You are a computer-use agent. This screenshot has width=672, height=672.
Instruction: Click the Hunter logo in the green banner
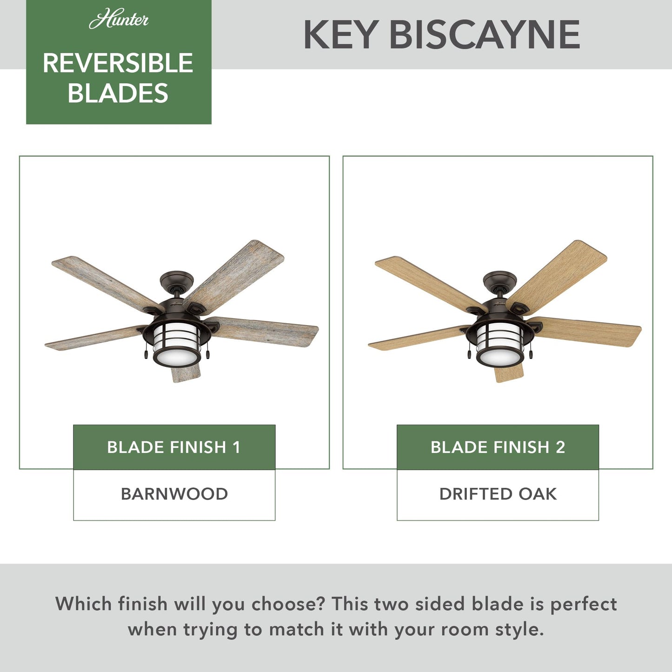click(119, 20)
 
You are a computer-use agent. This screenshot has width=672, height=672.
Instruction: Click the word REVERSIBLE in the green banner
click(118, 63)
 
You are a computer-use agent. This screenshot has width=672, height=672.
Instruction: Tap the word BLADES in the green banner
click(118, 93)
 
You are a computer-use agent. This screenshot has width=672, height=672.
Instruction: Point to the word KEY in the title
click(340, 35)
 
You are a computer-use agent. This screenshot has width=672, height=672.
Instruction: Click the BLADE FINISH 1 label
click(174, 447)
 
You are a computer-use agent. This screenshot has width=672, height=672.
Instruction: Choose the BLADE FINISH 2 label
click(498, 447)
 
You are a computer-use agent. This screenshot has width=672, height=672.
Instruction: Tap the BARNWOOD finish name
click(174, 494)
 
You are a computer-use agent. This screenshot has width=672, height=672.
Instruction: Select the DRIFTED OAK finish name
click(498, 494)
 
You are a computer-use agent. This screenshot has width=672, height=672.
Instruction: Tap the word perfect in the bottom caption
click(584, 604)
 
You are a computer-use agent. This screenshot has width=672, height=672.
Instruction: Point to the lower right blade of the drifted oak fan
click(591, 331)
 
